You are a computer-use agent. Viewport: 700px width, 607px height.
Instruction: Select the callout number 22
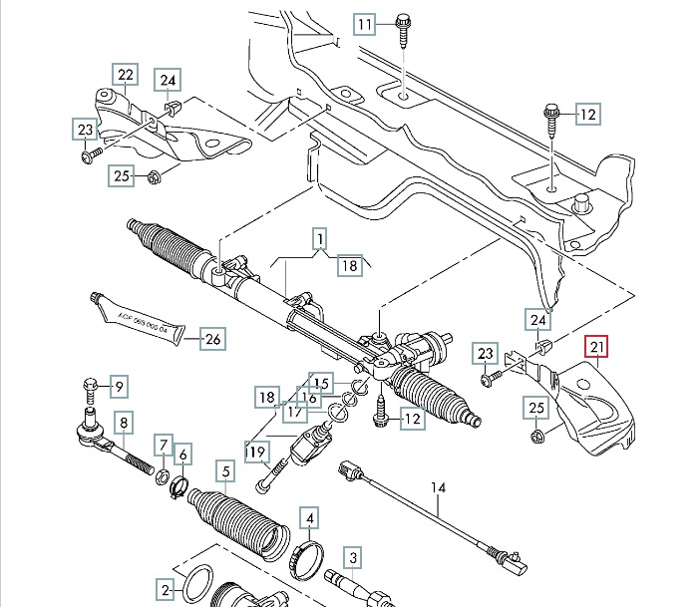(x=125, y=75)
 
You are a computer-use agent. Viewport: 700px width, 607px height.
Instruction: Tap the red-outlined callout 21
(x=598, y=347)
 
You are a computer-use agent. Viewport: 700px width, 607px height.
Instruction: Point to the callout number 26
(x=212, y=339)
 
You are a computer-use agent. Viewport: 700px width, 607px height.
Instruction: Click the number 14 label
(x=436, y=487)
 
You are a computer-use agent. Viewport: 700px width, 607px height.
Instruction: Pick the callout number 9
(x=119, y=386)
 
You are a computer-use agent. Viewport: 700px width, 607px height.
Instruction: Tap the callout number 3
(x=352, y=557)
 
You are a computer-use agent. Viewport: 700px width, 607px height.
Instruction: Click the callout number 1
(x=320, y=239)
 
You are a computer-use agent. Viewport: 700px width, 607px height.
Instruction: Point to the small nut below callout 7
(x=163, y=473)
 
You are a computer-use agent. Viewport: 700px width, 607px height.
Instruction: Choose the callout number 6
(x=182, y=455)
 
